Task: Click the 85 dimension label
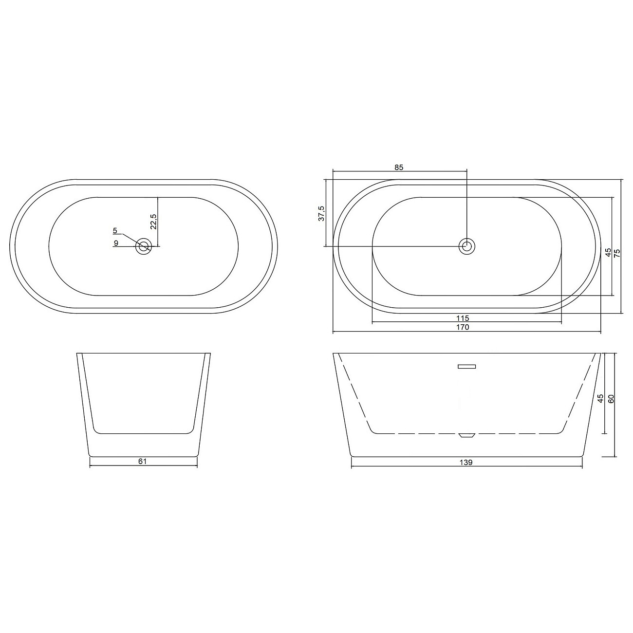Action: (398, 167)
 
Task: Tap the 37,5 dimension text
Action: (321, 213)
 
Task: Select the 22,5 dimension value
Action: (153, 221)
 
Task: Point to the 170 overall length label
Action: (463, 327)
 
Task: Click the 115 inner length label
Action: (463, 318)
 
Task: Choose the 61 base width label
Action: (142, 461)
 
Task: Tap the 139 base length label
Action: (466, 463)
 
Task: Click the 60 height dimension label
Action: (611, 399)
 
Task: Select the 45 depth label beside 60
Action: (600, 399)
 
